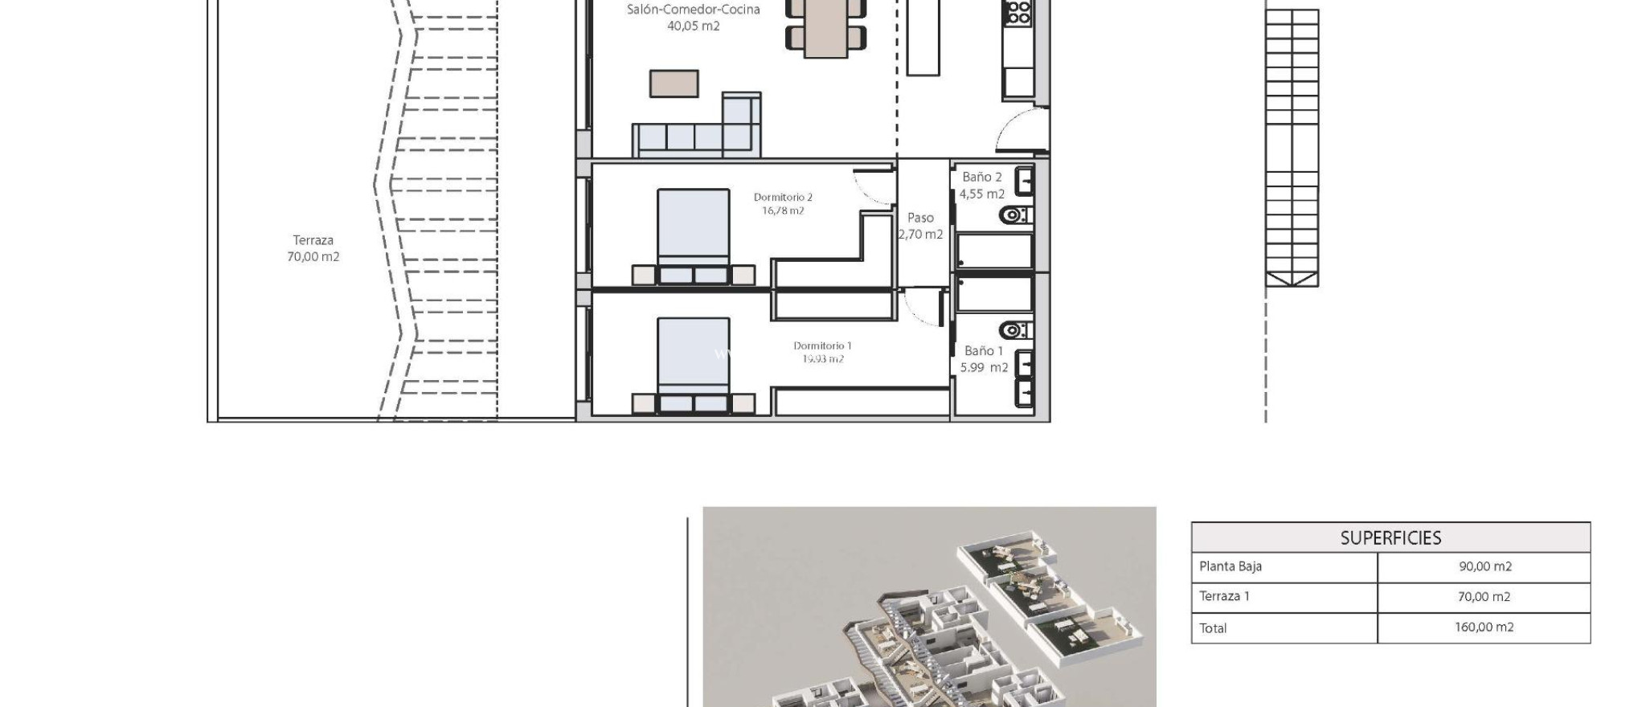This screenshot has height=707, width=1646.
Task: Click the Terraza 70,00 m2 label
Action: coord(313,248)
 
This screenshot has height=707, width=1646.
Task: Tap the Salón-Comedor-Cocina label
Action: coord(693,18)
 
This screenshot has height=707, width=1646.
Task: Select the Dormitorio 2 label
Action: coord(783,203)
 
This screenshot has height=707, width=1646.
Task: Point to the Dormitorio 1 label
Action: coord(822,352)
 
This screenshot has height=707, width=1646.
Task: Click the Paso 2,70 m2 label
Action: coord(920,226)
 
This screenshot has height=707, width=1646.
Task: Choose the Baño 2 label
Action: coord(981,185)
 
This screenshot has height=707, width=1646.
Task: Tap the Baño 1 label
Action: coord(984,359)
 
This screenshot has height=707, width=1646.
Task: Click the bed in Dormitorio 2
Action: coord(693,233)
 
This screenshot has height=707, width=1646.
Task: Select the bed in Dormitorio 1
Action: coord(693,362)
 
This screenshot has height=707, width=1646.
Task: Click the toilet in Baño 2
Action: coord(1014,215)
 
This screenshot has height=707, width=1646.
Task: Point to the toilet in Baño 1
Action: coord(1014,330)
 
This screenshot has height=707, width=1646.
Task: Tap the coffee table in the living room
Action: coord(674,84)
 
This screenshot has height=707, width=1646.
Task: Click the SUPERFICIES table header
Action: coord(1390,537)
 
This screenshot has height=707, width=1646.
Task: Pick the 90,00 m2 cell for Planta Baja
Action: coord(1484,566)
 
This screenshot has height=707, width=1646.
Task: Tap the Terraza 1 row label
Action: coord(1224,596)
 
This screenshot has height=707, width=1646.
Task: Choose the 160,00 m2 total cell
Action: coord(1484,627)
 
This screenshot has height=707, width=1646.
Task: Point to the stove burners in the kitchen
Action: coord(1018,11)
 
